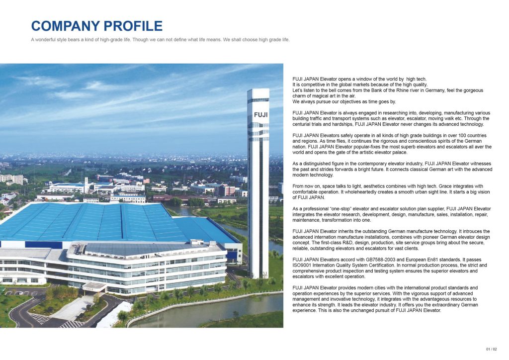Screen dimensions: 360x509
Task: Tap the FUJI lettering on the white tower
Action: pos(258,114)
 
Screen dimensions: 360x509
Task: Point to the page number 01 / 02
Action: pos(492,349)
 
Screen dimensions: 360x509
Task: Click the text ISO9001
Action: pos(303,265)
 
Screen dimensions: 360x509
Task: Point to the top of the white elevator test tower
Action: pos(258,91)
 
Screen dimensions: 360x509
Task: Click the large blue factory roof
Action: pos(99,221)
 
